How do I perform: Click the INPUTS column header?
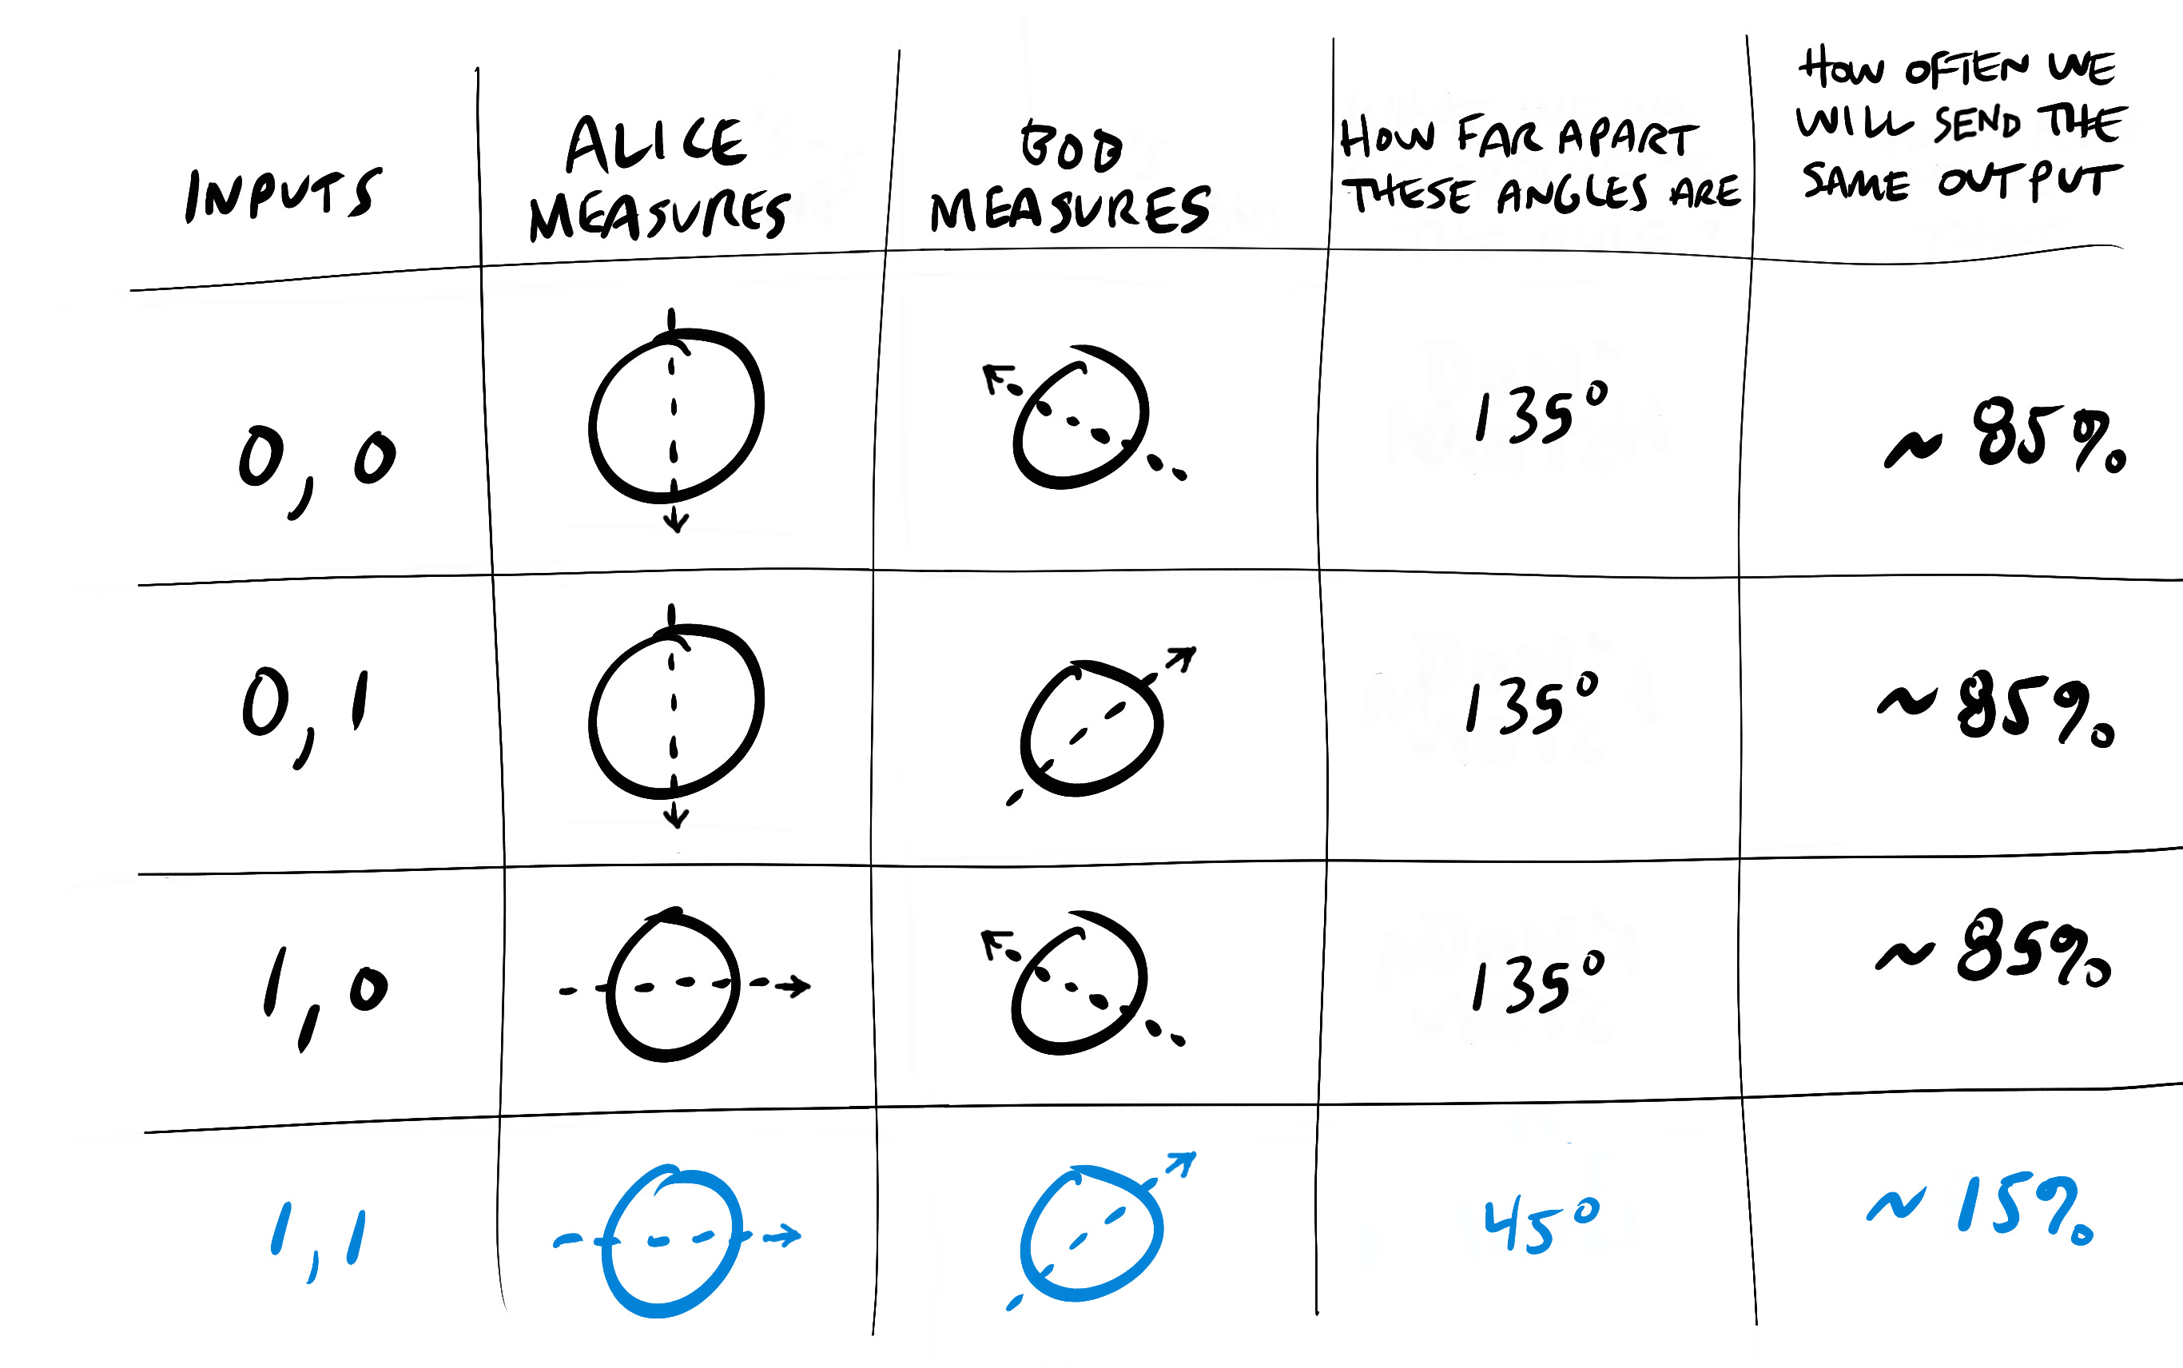pos(282,194)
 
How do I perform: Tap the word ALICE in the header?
pos(655,145)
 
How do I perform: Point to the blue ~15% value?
pos(1982,1212)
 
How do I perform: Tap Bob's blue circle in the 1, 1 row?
pos(1092,1235)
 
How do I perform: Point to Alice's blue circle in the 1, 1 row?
pos(670,1239)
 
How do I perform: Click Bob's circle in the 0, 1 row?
pos(1092,728)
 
